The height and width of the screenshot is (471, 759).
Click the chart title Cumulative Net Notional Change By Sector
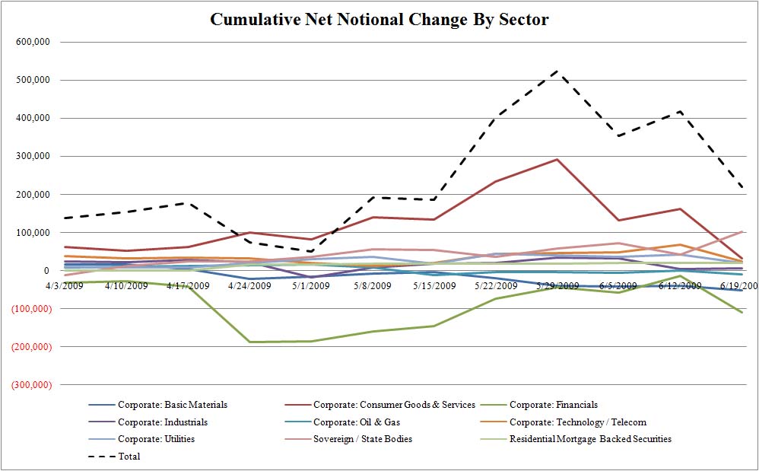coord(379,19)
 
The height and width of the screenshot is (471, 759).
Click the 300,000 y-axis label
coord(33,157)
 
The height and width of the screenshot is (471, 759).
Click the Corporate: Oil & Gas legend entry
coord(360,422)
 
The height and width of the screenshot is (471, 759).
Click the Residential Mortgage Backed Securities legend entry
coord(590,439)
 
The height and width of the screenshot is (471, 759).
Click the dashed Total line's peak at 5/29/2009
coord(557,71)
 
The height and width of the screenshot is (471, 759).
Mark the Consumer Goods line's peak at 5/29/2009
coord(557,160)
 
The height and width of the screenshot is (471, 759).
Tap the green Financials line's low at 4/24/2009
coord(249,342)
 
